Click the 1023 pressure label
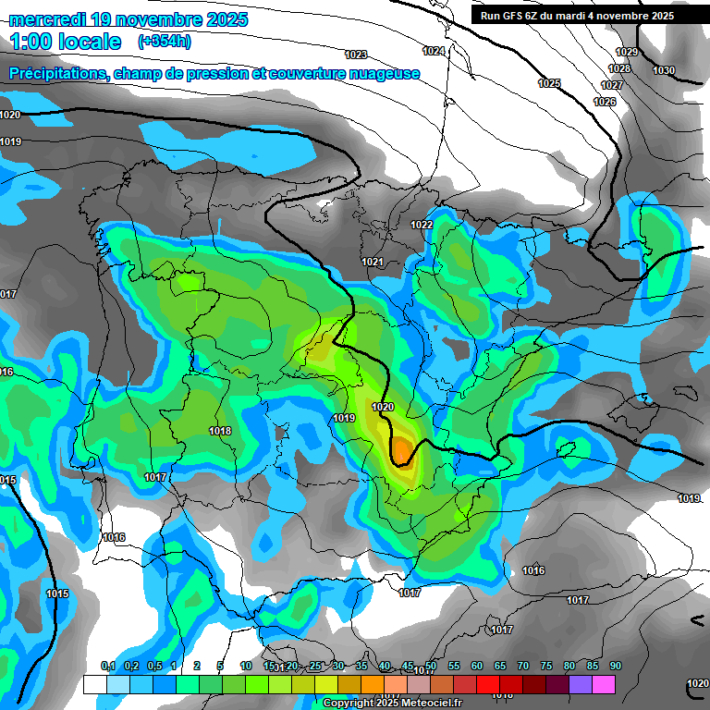[355, 55]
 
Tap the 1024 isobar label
[433, 51]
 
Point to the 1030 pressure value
[664, 71]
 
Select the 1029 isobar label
[627, 53]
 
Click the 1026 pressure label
[605, 102]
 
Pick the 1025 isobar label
[549, 84]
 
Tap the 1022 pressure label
[422, 225]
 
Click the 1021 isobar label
[373, 263]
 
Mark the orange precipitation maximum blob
[403, 450]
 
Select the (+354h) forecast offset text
[164, 42]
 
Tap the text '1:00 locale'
[66, 42]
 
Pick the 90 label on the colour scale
[615, 666]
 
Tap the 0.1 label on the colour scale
[107, 666]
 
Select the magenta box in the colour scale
[604, 684]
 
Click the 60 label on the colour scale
[477, 666]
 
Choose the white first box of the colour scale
[94, 684]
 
